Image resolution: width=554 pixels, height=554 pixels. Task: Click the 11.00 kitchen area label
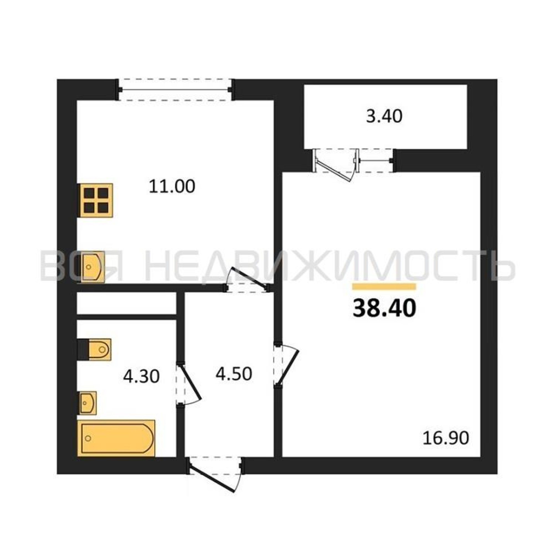(x=172, y=186)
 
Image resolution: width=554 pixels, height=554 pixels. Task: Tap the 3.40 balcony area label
(x=384, y=117)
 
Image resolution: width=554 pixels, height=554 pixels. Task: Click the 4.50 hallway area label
(x=234, y=374)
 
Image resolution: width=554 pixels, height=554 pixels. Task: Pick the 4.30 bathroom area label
(x=141, y=376)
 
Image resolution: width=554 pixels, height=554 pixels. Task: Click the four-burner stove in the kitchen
(x=96, y=200)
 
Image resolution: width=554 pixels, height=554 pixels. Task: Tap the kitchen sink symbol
(x=93, y=267)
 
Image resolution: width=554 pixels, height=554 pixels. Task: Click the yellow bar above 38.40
(x=384, y=287)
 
